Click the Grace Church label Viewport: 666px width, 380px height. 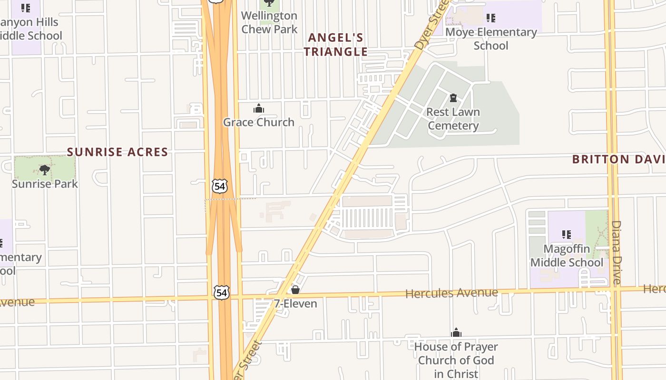pos(258,122)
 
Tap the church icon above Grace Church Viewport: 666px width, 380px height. pos(258,109)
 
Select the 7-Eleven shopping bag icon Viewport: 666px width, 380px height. pos(295,289)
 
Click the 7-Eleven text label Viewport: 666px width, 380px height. pos(295,304)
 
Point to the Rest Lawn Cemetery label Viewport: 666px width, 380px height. pos(453,119)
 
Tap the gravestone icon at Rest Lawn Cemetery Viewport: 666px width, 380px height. pos(453,98)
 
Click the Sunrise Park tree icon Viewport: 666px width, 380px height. pos(44,169)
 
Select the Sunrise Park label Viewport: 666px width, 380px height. pos(45,184)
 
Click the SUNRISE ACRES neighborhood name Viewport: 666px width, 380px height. pos(118,152)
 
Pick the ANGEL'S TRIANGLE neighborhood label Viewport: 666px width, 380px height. pos(336,45)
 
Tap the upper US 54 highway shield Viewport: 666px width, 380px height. pos(220,186)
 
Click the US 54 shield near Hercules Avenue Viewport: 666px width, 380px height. pos(221,293)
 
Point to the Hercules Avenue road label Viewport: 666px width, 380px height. pos(451,293)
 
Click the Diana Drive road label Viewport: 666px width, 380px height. pos(616,252)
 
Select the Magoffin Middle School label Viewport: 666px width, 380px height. pos(567,256)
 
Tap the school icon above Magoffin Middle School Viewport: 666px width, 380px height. pos(566,234)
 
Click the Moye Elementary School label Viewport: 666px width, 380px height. pos(491,39)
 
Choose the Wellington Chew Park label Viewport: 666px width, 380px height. pos(269,22)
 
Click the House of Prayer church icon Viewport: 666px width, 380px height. pos(456,332)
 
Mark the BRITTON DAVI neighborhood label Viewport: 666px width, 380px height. pos(618,159)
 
